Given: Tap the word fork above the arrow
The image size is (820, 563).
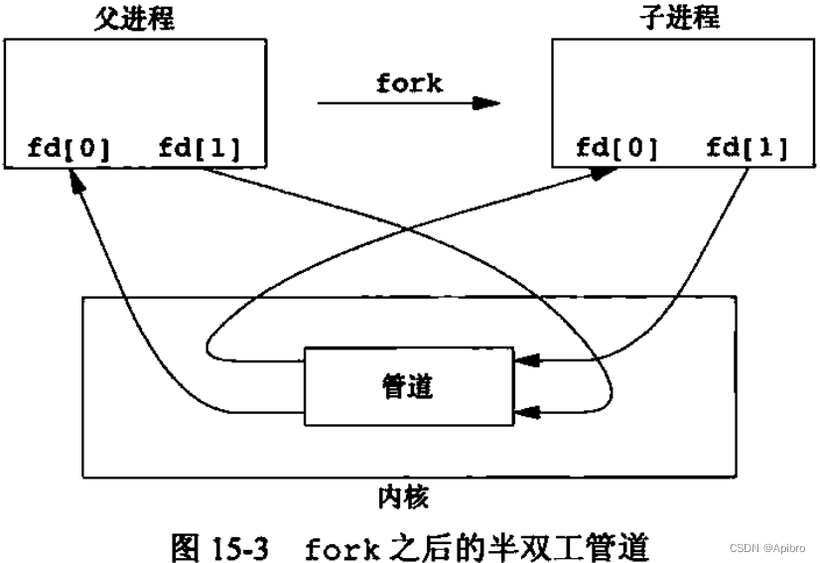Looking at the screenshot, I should click(x=408, y=83).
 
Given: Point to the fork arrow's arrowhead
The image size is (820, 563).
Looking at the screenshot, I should click(x=486, y=102).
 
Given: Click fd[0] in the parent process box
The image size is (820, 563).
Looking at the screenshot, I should click(x=68, y=150).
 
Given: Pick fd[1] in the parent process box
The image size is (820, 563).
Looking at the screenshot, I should click(x=199, y=150).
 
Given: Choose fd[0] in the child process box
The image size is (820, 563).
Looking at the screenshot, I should click(x=616, y=150).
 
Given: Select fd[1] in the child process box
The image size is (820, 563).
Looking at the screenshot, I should click(x=747, y=150).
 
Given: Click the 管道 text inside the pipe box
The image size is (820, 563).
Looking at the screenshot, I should click(x=407, y=386).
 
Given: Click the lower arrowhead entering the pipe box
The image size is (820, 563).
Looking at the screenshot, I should click(x=528, y=408).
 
